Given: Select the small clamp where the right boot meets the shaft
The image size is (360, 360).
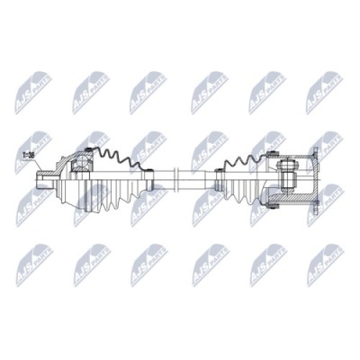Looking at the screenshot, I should [x=221, y=175].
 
